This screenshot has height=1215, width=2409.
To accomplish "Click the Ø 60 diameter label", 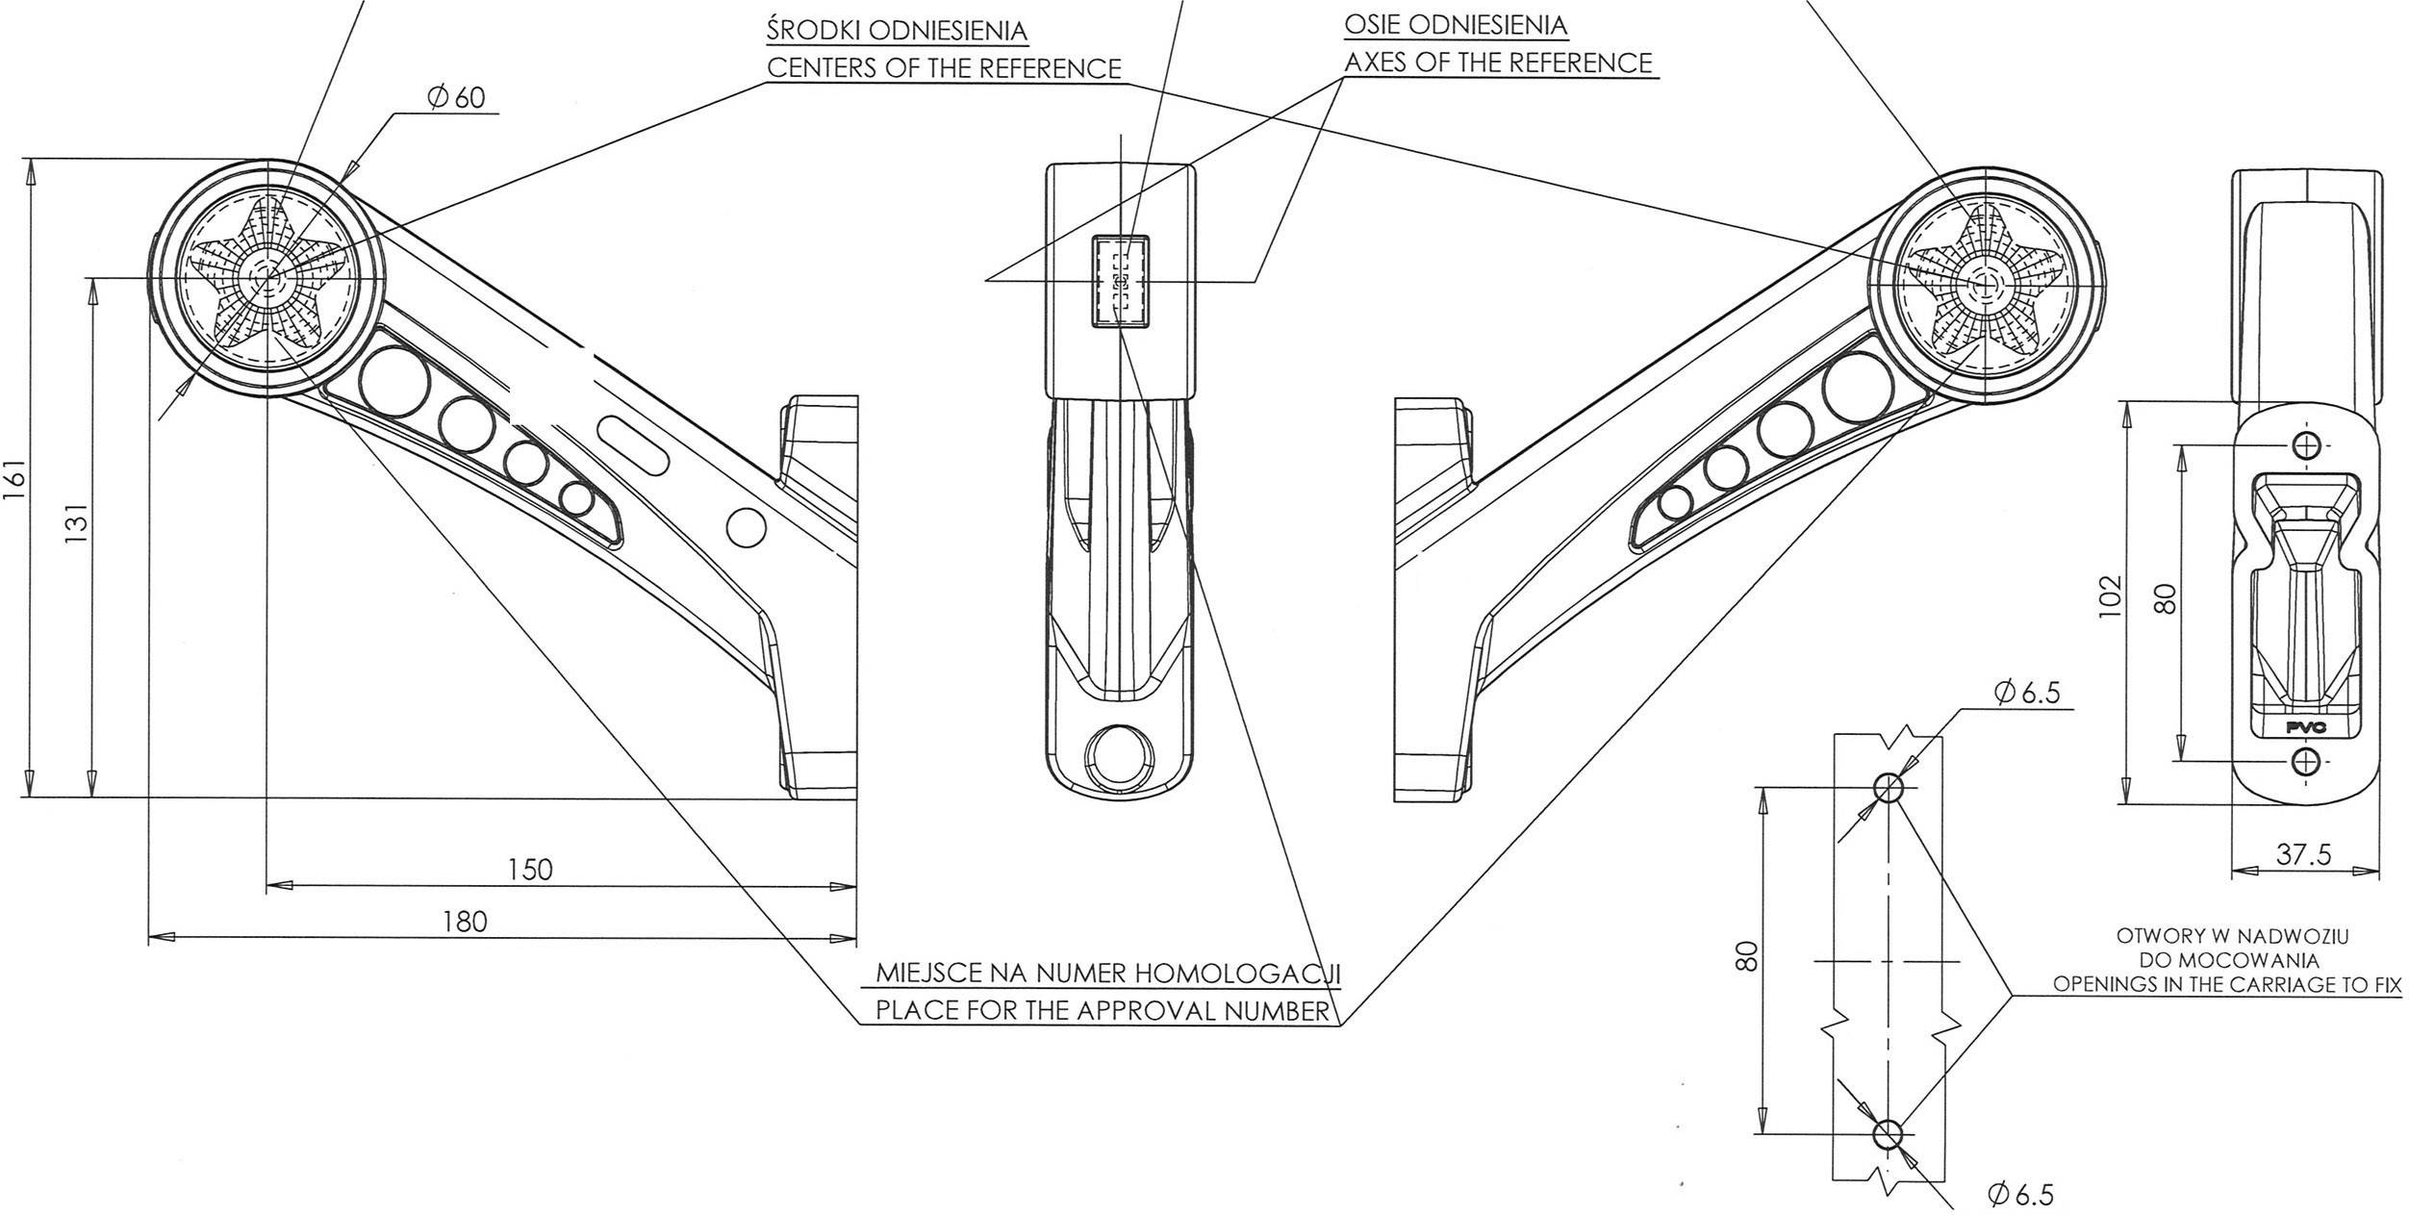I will pyautogui.click(x=456, y=98).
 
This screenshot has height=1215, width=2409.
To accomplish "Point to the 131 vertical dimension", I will pyautogui.click(x=77, y=524).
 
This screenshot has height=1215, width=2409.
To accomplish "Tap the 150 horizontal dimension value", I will pyautogui.click(x=530, y=870).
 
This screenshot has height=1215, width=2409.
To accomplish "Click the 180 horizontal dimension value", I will pyautogui.click(x=465, y=922).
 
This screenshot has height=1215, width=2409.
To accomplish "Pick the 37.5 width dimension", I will pyautogui.click(x=2303, y=855).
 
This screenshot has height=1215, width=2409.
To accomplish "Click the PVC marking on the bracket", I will pyautogui.click(x=2306, y=727).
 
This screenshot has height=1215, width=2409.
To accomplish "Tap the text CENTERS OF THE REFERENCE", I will pyautogui.click(x=943, y=69).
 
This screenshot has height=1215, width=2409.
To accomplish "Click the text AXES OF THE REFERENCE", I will pyautogui.click(x=1497, y=63).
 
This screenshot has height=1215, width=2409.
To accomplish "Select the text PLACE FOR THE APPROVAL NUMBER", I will pyautogui.click(x=1102, y=1011).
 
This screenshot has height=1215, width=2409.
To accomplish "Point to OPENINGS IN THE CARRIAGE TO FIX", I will pyautogui.click(x=2227, y=985).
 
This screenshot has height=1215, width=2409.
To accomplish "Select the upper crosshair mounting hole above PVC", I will pyautogui.click(x=2306, y=445).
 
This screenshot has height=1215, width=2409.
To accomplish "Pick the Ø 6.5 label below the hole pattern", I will pyautogui.click(x=2020, y=1195).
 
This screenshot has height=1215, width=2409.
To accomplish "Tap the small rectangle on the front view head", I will pyautogui.click(x=1120, y=282).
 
